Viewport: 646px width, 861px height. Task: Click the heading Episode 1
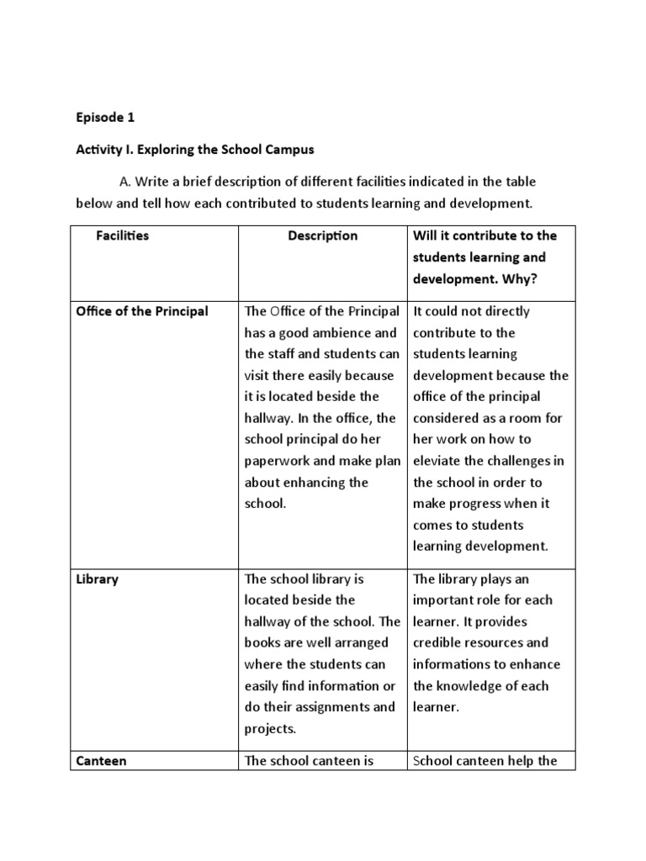pos(105,118)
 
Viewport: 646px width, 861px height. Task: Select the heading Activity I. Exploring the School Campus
pos(194,150)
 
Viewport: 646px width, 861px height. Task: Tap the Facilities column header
pos(123,236)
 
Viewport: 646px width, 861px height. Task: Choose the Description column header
pos(322,236)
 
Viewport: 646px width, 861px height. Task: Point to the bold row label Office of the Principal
pos(141,311)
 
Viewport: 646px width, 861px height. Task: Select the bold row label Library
pos(98,579)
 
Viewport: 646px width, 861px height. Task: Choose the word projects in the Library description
pos(270,728)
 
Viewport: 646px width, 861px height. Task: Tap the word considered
pos(447,418)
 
